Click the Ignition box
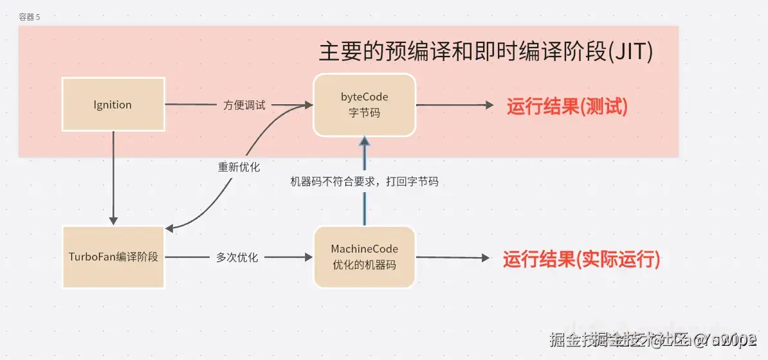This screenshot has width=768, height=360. click(113, 104)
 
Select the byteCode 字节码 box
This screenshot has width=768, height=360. click(364, 104)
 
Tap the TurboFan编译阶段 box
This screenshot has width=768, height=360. click(113, 256)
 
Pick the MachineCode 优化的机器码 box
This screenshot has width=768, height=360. click(364, 256)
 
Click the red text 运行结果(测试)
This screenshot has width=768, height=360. click(567, 106)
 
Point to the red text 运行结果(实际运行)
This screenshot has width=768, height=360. click(581, 259)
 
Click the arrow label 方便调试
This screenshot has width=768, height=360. click(244, 105)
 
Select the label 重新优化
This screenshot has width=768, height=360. click(239, 166)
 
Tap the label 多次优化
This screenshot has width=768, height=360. click(237, 257)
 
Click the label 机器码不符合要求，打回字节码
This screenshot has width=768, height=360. click(364, 182)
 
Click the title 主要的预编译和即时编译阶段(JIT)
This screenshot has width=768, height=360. click(486, 52)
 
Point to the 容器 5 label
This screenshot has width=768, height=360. click(30, 17)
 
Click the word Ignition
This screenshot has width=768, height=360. click(113, 105)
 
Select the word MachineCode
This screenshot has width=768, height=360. click(364, 249)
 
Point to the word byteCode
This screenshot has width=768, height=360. click(364, 96)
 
